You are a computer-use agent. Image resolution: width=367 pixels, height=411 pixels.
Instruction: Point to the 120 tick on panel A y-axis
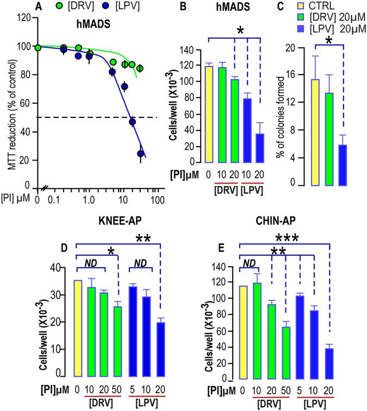22,17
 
